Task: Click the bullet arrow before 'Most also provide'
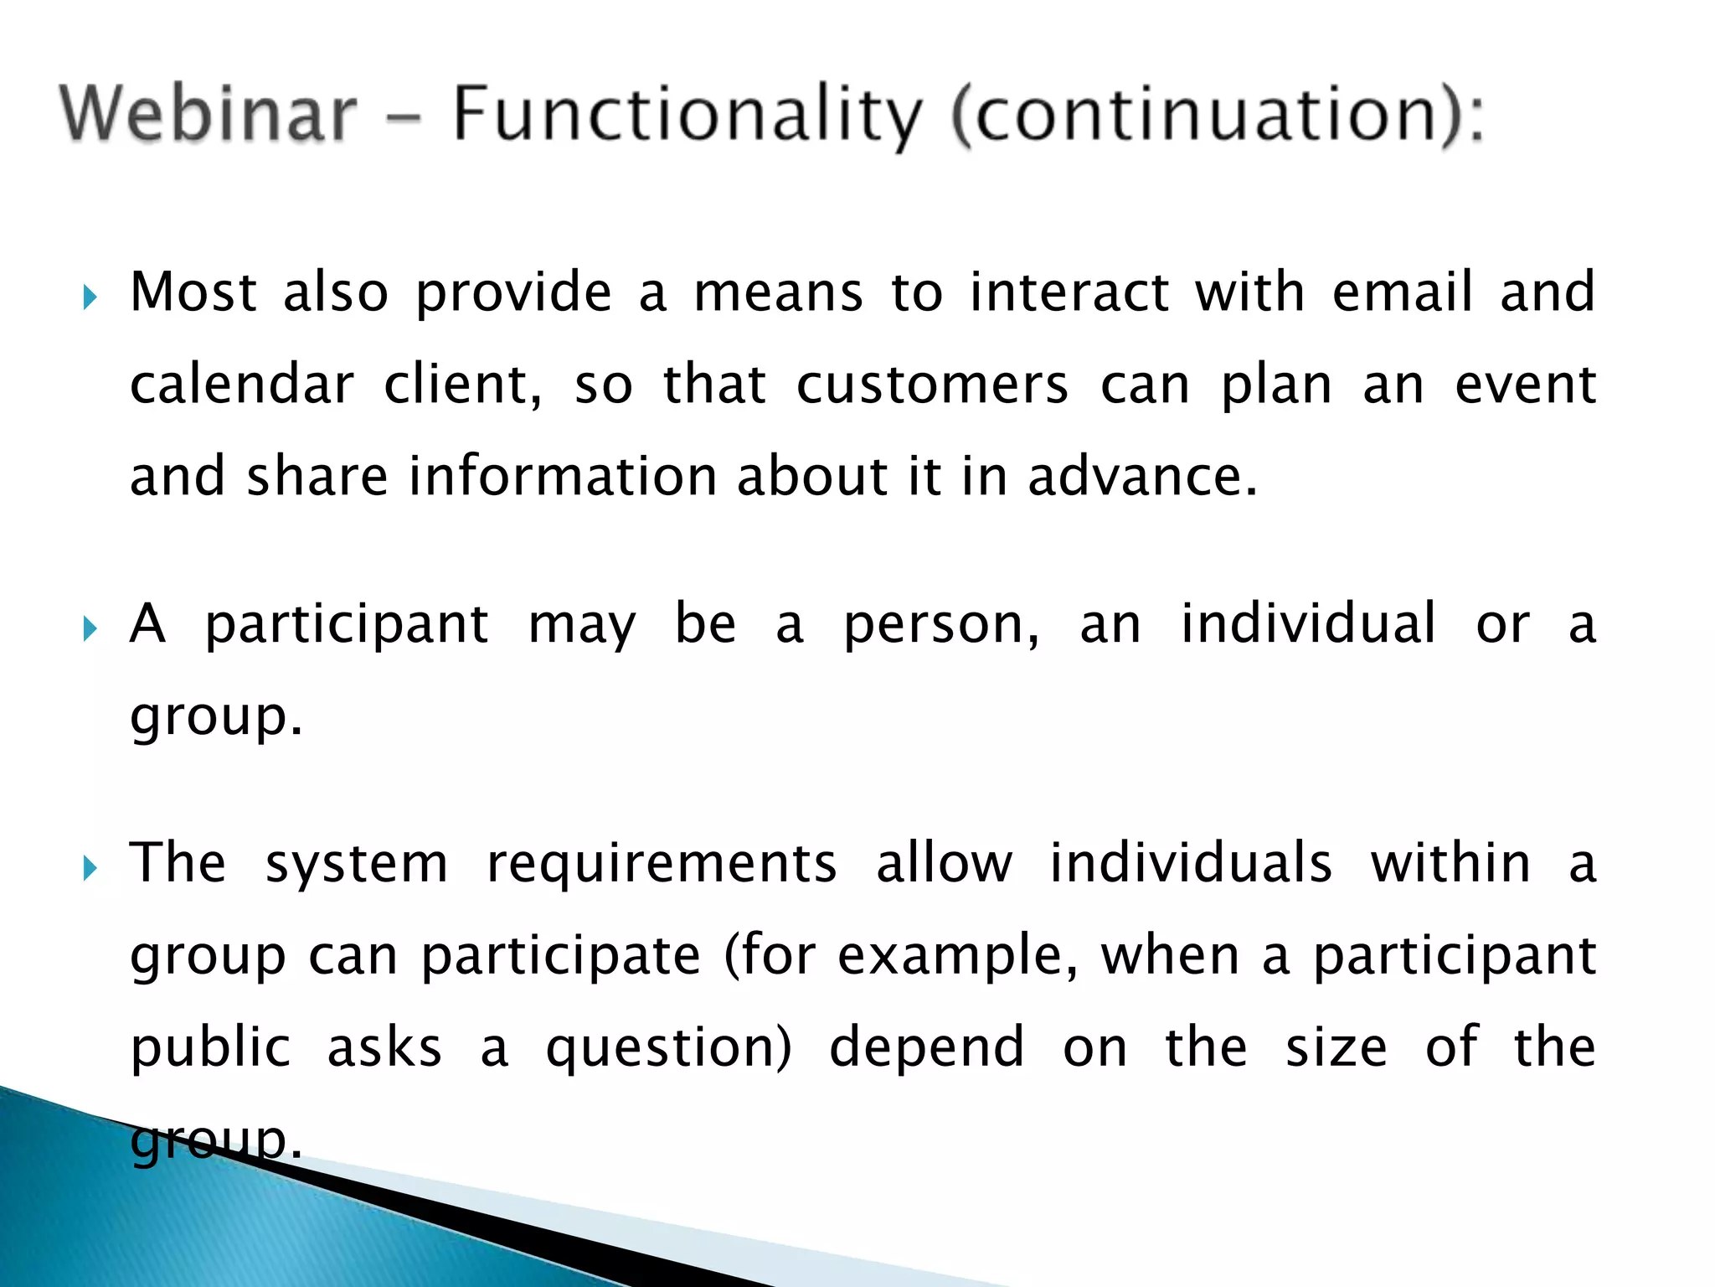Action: [90, 297]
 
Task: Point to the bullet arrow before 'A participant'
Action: [90, 628]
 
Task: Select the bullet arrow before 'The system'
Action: [90, 868]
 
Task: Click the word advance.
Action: [1142, 476]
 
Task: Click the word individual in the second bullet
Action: [1308, 623]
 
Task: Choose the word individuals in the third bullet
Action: [1190, 863]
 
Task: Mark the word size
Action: [1336, 1047]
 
